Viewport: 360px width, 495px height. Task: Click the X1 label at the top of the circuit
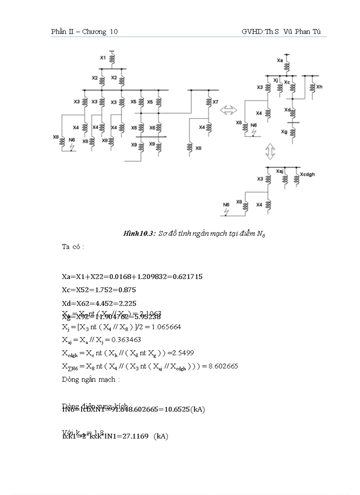tap(102, 58)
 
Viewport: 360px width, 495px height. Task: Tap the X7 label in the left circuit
tap(215, 102)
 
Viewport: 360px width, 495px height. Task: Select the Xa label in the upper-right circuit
tap(279, 60)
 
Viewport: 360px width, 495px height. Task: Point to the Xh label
tap(319, 87)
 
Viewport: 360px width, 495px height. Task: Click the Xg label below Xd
tap(284, 131)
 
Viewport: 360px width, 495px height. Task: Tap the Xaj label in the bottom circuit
tap(279, 171)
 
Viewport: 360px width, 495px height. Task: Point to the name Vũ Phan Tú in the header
tap(305, 32)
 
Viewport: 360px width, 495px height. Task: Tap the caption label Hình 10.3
tap(139, 234)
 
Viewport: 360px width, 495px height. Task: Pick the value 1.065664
tap(166, 327)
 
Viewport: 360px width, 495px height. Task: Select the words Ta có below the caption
tap(73, 246)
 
